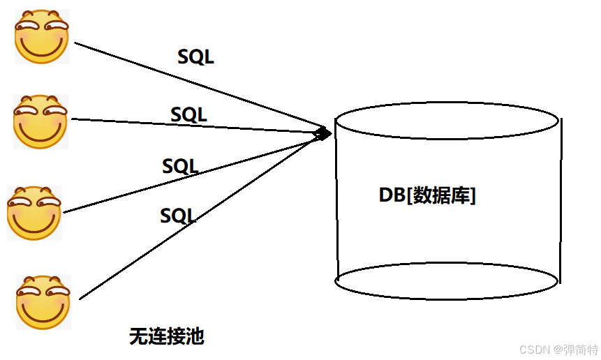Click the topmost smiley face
pyautogui.click(x=42, y=38)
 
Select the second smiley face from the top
pyautogui.click(x=40, y=121)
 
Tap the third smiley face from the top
pyautogui.click(x=35, y=213)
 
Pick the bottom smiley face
pyautogui.click(x=43, y=302)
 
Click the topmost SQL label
pyautogui.click(x=195, y=57)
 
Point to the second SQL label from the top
pyautogui.click(x=188, y=114)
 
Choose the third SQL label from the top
pyautogui.click(x=180, y=167)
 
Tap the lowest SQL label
pyautogui.click(x=178, y=216)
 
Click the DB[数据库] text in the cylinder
pyautogui.click(x=427, y=196)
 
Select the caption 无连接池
pyautogui.click(x=166, y=337)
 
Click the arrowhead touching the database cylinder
pyautogui.click(x=323, y=132)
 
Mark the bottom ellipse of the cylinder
pyautogui.click(x=447, y=281)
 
